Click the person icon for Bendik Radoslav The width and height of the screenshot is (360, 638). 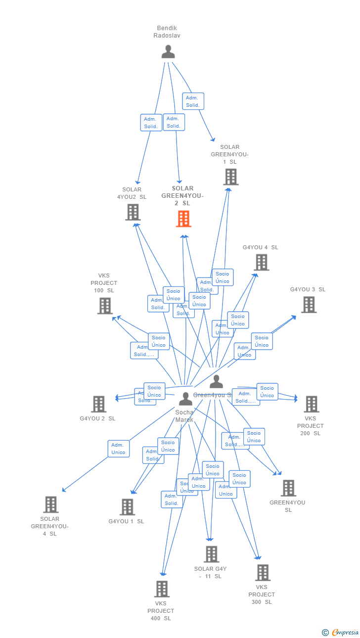[168, 51]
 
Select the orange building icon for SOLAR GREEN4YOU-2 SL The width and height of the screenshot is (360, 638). [183, 219]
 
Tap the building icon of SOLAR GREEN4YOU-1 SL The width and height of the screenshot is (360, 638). [230, 177]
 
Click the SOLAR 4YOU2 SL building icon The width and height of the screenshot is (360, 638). [133, 212]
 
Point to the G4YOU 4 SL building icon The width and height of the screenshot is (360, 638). [261, 262]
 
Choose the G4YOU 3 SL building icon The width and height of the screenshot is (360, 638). [309, 305]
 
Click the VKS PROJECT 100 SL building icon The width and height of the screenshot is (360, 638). [105, 306]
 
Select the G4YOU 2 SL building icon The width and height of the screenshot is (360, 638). [98, 404]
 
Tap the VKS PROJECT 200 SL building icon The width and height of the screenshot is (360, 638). [311, 404]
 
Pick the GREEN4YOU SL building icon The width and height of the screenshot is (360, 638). [288, 488]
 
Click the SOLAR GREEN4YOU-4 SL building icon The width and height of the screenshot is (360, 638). [50, 504]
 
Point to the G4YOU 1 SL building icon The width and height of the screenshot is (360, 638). [127, 507]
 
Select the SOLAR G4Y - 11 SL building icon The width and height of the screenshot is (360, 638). [211, 554]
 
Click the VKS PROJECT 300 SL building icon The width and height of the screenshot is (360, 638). [262, 573]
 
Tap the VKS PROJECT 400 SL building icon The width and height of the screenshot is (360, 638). [162, 589]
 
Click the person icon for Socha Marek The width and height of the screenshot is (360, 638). [185, 398]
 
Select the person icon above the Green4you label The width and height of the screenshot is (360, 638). [216, 382]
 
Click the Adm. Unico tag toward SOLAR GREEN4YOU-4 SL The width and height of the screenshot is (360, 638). [119, 449]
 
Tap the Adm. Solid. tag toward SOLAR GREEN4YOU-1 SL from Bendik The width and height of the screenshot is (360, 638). [193, 101]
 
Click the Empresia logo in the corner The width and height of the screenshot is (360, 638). [344, 632]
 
